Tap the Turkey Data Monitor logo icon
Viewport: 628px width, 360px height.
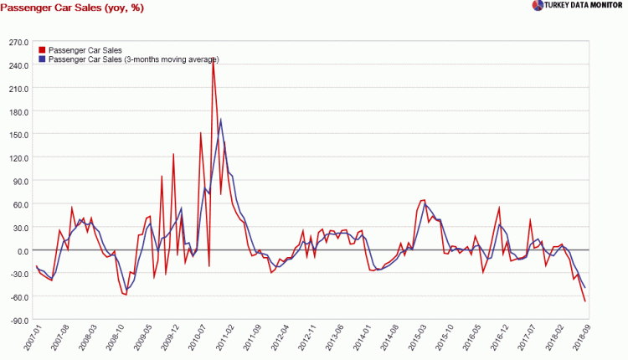538,6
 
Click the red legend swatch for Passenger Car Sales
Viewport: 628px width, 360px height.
42,50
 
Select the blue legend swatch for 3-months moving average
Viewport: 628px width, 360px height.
42,59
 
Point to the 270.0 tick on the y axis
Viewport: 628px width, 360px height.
18,42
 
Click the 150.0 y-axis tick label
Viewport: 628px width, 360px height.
18,134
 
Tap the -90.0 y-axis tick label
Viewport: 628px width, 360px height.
18,320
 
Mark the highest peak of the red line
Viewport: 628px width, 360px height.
213,62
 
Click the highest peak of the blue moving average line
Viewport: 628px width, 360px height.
221,120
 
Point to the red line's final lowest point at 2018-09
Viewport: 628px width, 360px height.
584,301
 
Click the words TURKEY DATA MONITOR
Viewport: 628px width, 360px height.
585,6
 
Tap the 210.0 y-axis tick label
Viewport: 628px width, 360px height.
18,88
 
